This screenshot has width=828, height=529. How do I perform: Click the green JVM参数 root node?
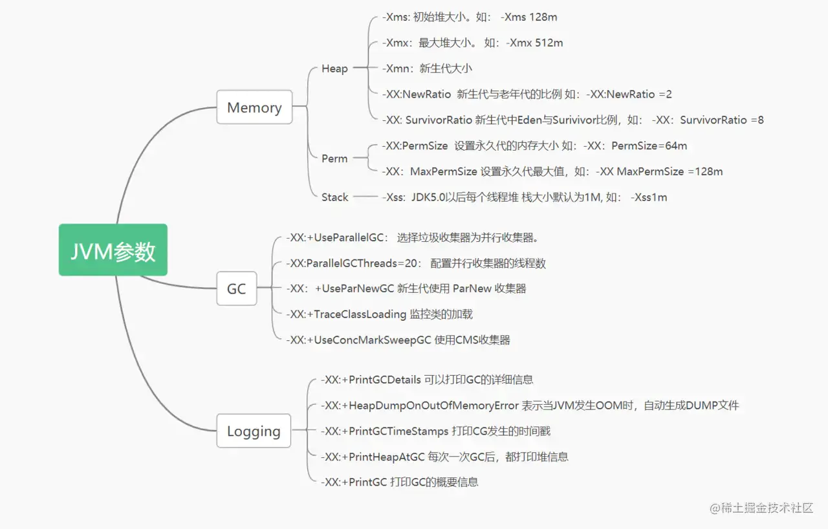113,250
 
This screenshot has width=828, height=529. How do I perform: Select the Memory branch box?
254,107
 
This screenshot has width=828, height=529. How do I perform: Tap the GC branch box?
236,288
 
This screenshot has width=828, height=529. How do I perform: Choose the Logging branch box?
254,431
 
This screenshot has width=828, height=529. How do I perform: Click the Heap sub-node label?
334,69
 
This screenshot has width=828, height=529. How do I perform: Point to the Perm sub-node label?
334,158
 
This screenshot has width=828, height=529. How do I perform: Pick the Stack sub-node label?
334,197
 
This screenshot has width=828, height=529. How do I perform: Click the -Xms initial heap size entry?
469,17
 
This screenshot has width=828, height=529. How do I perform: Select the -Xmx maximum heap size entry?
472,43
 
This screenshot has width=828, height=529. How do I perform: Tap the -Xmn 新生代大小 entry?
427,69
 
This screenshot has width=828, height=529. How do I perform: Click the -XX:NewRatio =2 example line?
527,94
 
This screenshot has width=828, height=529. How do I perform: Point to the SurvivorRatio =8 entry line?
572,120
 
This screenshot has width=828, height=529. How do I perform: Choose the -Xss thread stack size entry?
524,197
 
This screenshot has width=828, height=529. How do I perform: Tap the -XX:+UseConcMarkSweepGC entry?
398,340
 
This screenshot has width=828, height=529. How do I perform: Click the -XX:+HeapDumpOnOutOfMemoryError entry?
529,405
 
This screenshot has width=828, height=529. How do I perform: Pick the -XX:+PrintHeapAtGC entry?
444,457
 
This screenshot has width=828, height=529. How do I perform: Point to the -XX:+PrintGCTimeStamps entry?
435,431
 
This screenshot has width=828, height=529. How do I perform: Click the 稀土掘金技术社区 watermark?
761,508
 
